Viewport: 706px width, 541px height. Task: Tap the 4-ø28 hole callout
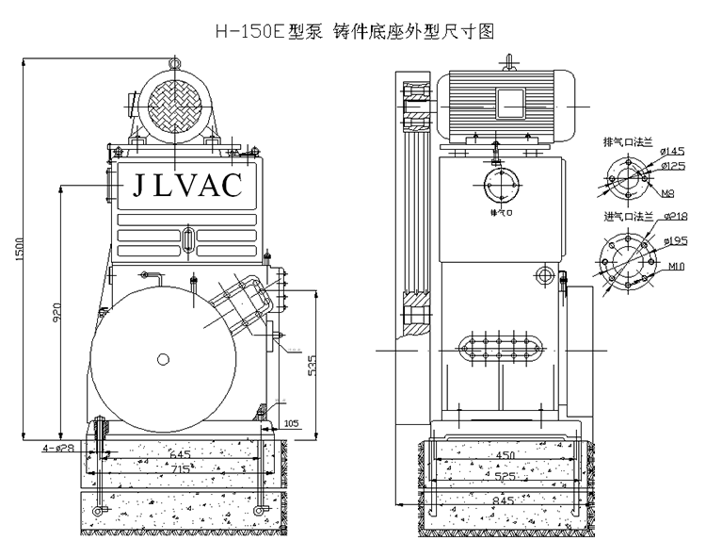(x=58, y=447)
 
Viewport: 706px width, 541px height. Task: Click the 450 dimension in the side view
(x=506, y=455)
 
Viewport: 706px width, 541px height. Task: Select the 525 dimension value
(x=506, y=475)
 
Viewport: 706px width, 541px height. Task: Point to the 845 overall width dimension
(x=505, y=501)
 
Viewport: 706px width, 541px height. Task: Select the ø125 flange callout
(x=672, y=166)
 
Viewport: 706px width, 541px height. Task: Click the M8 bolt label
(x=666, y=194)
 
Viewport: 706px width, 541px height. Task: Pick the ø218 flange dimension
(x=674, y=216)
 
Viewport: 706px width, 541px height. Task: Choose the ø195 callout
(x=674, y=241)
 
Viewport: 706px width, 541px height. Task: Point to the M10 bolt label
(x=675, y=267)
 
